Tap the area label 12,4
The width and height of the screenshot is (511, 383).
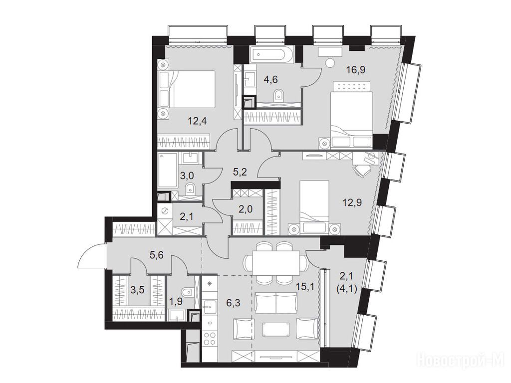click(x=198, y=122)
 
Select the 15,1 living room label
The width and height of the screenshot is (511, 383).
click(x=305, y=287)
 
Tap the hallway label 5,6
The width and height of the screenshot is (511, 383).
click(x=156, y=255)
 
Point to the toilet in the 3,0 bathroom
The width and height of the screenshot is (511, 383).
click(x=190, y=189)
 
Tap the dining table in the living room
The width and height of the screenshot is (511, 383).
click(x=276, y=263)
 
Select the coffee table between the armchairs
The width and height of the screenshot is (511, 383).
click(x=276, y=333)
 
